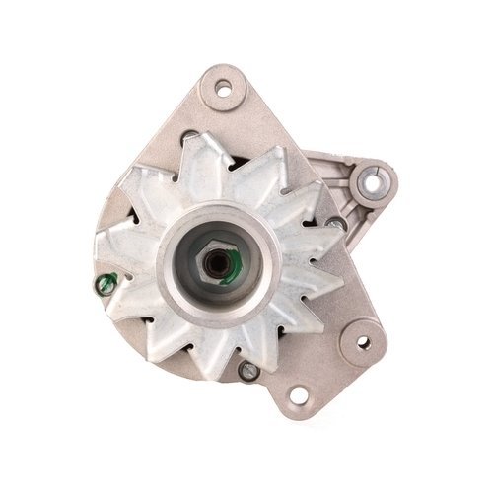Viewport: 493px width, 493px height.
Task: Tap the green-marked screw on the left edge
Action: click(103, 285)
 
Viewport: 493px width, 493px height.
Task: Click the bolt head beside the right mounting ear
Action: click(337, 224)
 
